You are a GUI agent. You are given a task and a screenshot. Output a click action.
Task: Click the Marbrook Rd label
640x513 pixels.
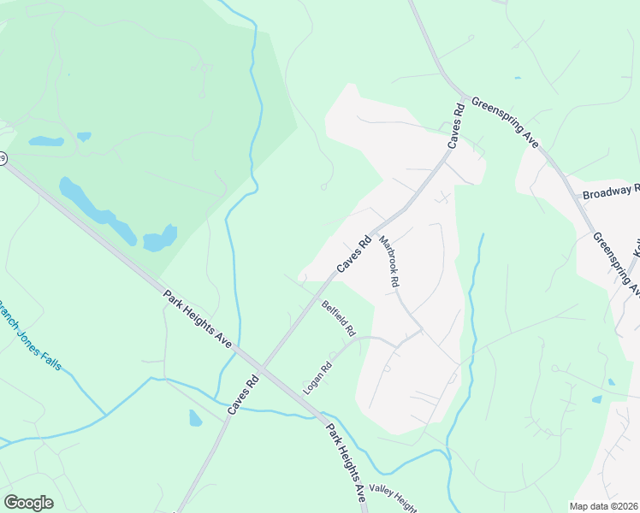pos(389,262)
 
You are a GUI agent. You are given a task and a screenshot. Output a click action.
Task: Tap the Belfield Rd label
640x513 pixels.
pos(338,317)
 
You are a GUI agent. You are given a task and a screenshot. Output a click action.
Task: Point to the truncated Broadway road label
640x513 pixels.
pos(611,192)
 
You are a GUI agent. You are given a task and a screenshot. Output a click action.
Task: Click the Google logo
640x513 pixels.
pos(28,503)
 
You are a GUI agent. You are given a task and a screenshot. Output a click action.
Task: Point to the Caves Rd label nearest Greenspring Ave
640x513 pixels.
pos(453,126)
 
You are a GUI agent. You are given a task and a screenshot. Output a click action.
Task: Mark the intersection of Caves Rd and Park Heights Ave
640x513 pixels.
pos(263,369)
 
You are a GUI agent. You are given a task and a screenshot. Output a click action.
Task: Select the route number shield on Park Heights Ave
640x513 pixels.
pos(3,159)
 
